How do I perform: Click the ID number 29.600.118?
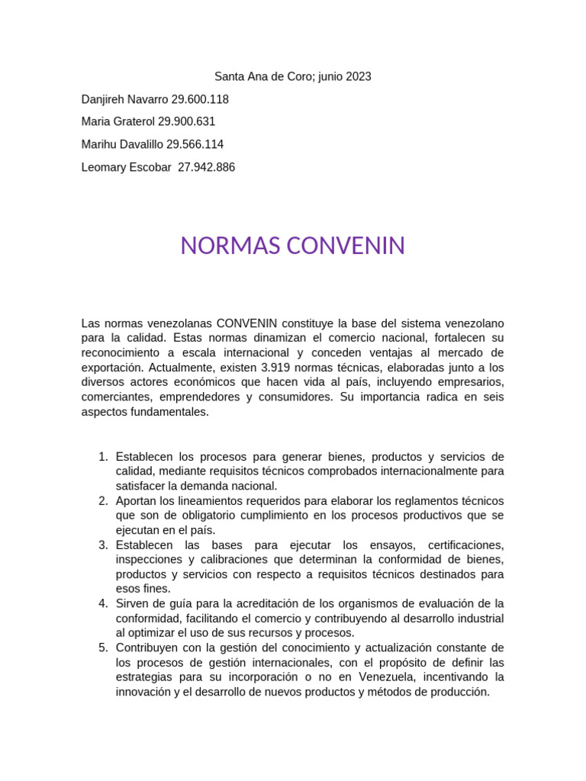(195, 99)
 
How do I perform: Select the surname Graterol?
(134, 122)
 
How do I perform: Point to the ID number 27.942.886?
(206, 167)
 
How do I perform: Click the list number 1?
(103, 457)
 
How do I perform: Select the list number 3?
(103, 545)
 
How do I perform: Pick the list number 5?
(103, 648)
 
